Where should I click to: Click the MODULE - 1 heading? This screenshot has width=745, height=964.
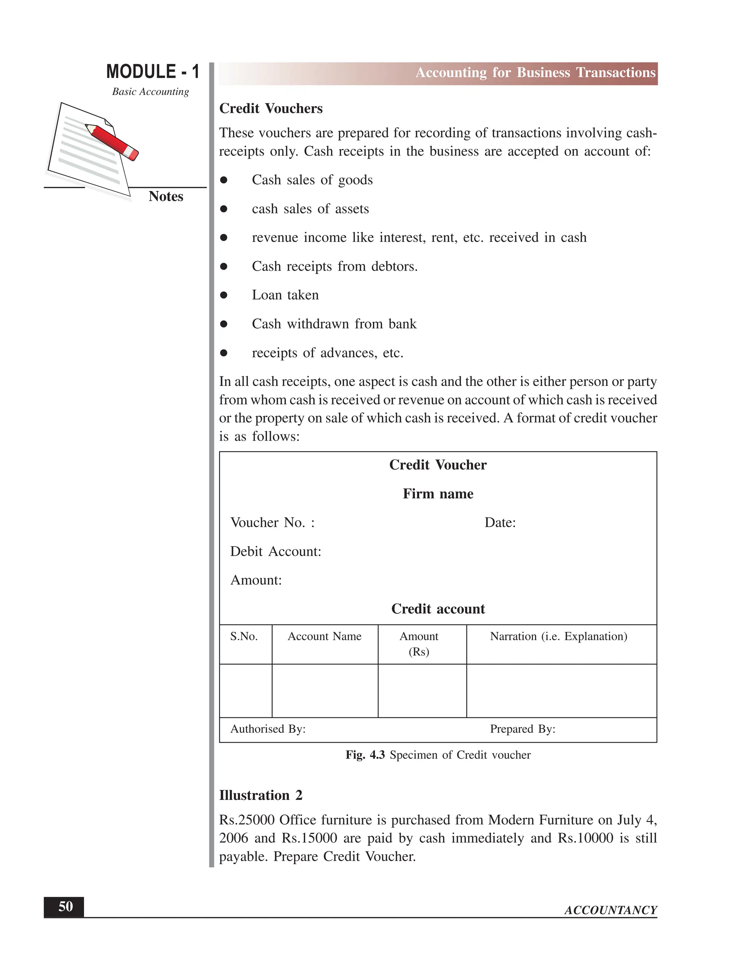click(x=152, y=72)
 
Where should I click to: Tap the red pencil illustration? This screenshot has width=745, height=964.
click(x=112, y=142)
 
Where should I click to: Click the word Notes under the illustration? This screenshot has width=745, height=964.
click(x=166, y=196)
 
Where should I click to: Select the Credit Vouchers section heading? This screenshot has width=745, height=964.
click(x=271, y=108)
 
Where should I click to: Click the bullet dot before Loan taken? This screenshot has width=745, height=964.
click(x=224, y=295)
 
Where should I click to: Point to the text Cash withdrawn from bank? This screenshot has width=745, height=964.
click(x=334, y=324)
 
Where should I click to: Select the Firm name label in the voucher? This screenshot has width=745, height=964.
click(x=438, y=494)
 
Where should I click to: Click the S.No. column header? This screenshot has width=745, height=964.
click(x=244, y=637)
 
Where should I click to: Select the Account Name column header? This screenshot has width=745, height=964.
click(x=324, y=637)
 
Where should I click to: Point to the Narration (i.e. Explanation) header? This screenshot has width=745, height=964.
click(x=558, y=637)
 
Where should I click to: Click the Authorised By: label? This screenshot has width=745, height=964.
click(x=268, y=729)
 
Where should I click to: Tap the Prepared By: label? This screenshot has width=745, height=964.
click(x=523, y=729)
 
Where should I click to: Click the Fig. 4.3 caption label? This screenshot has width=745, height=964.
click(x=365, y=755)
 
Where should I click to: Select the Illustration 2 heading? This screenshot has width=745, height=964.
click(x=260, y=795)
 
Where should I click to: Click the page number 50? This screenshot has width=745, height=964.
click(x=65, y=907)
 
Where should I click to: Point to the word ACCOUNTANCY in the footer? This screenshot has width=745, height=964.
click(x=610, y=910)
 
